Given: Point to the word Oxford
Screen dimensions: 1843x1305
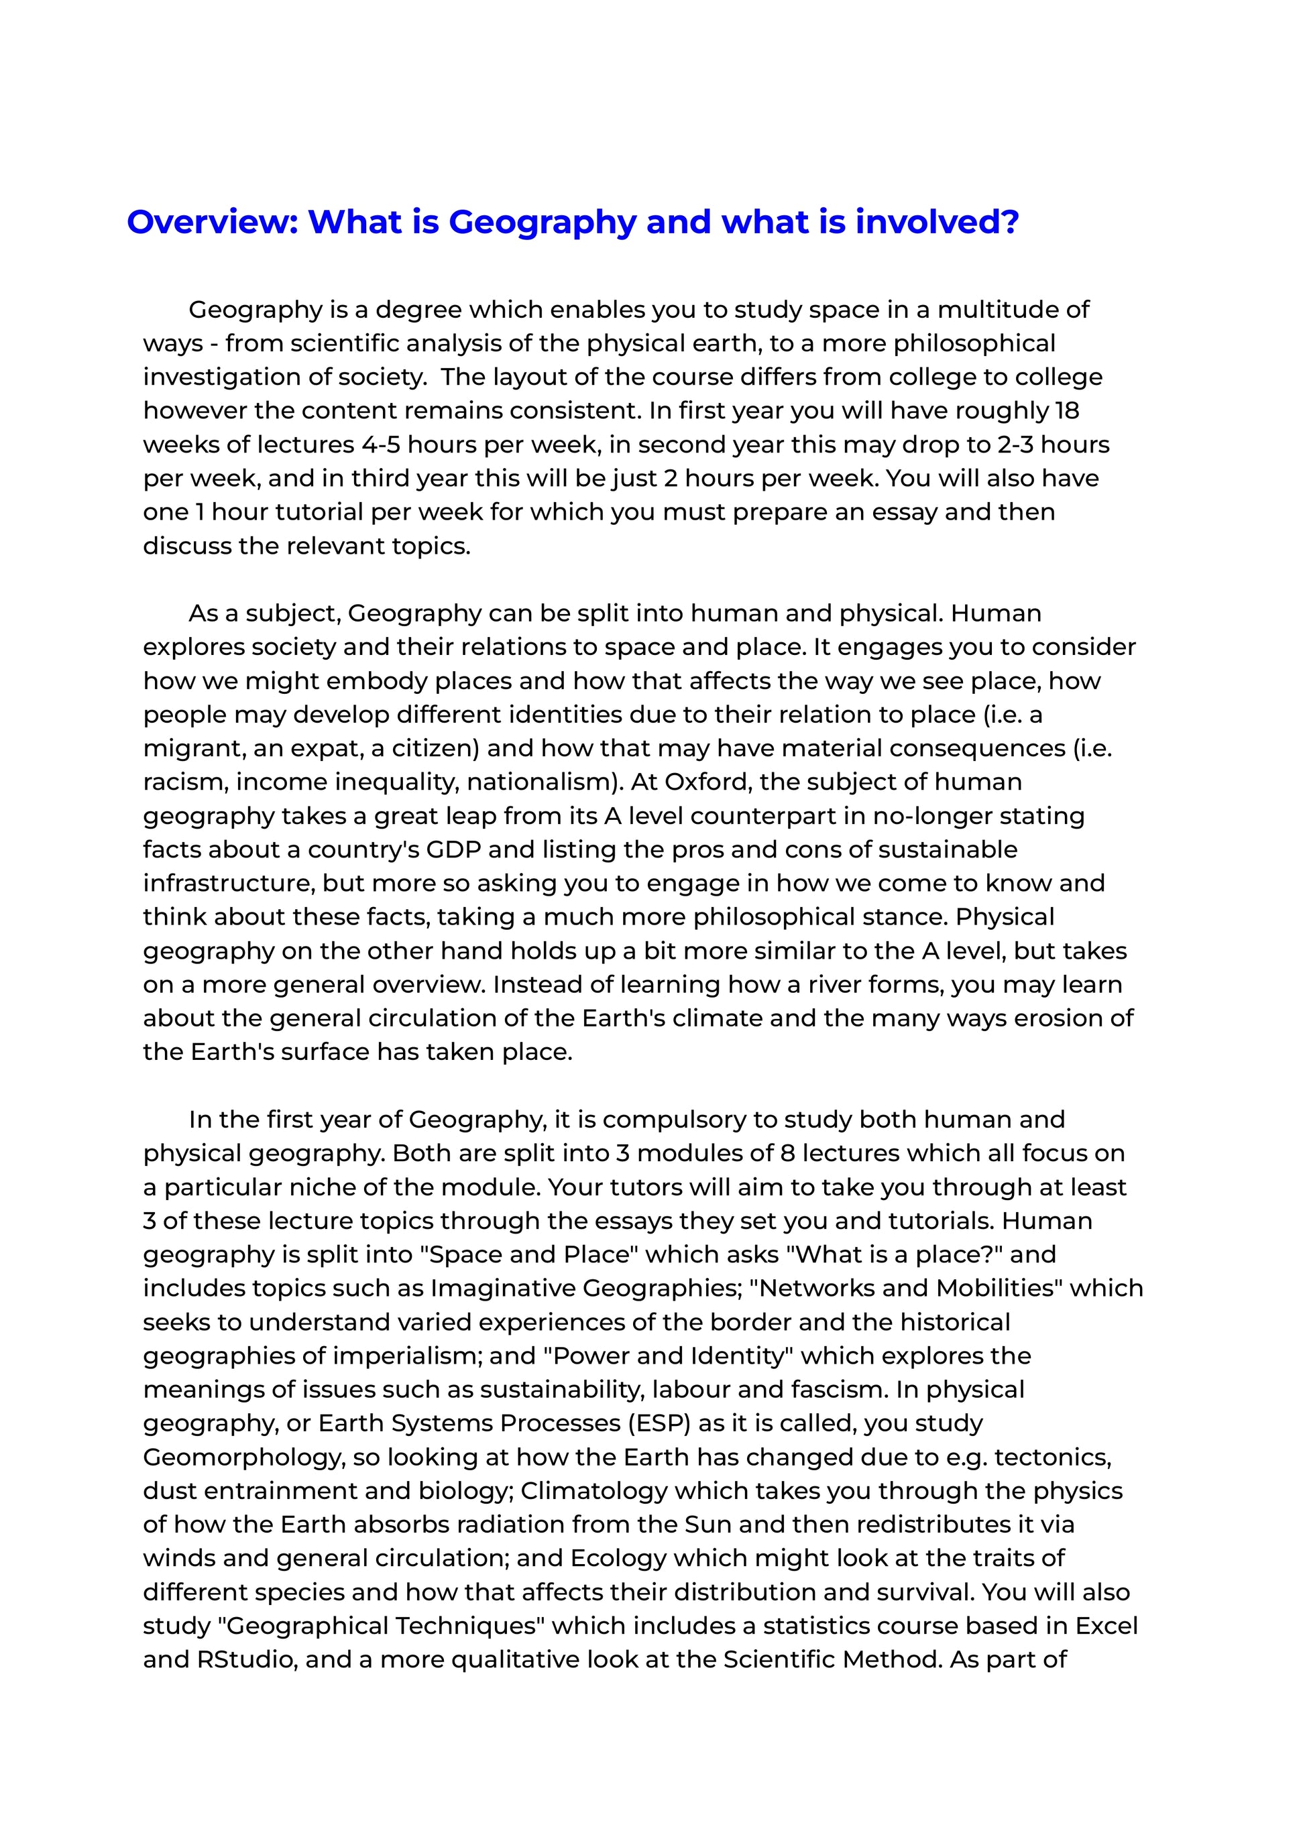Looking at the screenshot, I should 710,782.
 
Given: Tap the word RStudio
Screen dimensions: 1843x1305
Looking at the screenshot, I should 246,1659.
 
